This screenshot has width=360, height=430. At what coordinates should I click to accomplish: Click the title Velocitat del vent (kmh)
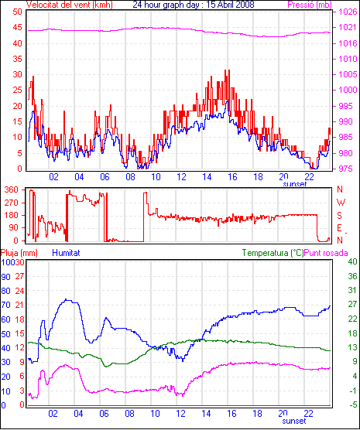point(69,5)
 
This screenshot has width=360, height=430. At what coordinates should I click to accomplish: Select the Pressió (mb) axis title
point(310,5)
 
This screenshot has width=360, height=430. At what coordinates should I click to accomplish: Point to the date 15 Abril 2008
point(230,5)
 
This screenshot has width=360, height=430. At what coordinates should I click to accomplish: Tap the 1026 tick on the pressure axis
point(348,12)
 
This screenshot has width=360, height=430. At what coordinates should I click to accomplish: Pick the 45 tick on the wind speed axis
point(17,27)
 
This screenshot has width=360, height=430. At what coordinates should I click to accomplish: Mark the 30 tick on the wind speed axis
point(17,74)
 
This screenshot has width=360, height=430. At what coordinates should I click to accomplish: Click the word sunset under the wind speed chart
point(295,183)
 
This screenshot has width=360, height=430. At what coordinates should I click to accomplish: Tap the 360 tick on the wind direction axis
point(12,189)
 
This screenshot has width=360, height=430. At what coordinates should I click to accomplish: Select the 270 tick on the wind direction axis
point(12,203)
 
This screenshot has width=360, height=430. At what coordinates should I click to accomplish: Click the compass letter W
point(341,203)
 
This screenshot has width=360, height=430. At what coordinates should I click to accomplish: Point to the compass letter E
point(339,228)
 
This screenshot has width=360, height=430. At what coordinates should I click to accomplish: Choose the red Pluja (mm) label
point(19,253)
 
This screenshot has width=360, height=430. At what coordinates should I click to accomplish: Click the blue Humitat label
point(66,253)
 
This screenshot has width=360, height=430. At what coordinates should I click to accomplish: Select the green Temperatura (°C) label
point(273,253)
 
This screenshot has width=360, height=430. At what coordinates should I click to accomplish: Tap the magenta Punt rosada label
point(326,253)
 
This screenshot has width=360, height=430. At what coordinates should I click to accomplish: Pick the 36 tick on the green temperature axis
point(352,276)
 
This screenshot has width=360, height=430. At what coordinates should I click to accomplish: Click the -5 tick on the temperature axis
point(352,404)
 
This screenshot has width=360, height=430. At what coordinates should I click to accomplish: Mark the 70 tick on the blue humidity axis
point(5,305)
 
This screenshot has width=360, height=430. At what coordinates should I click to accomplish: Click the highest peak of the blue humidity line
point(66,299)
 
